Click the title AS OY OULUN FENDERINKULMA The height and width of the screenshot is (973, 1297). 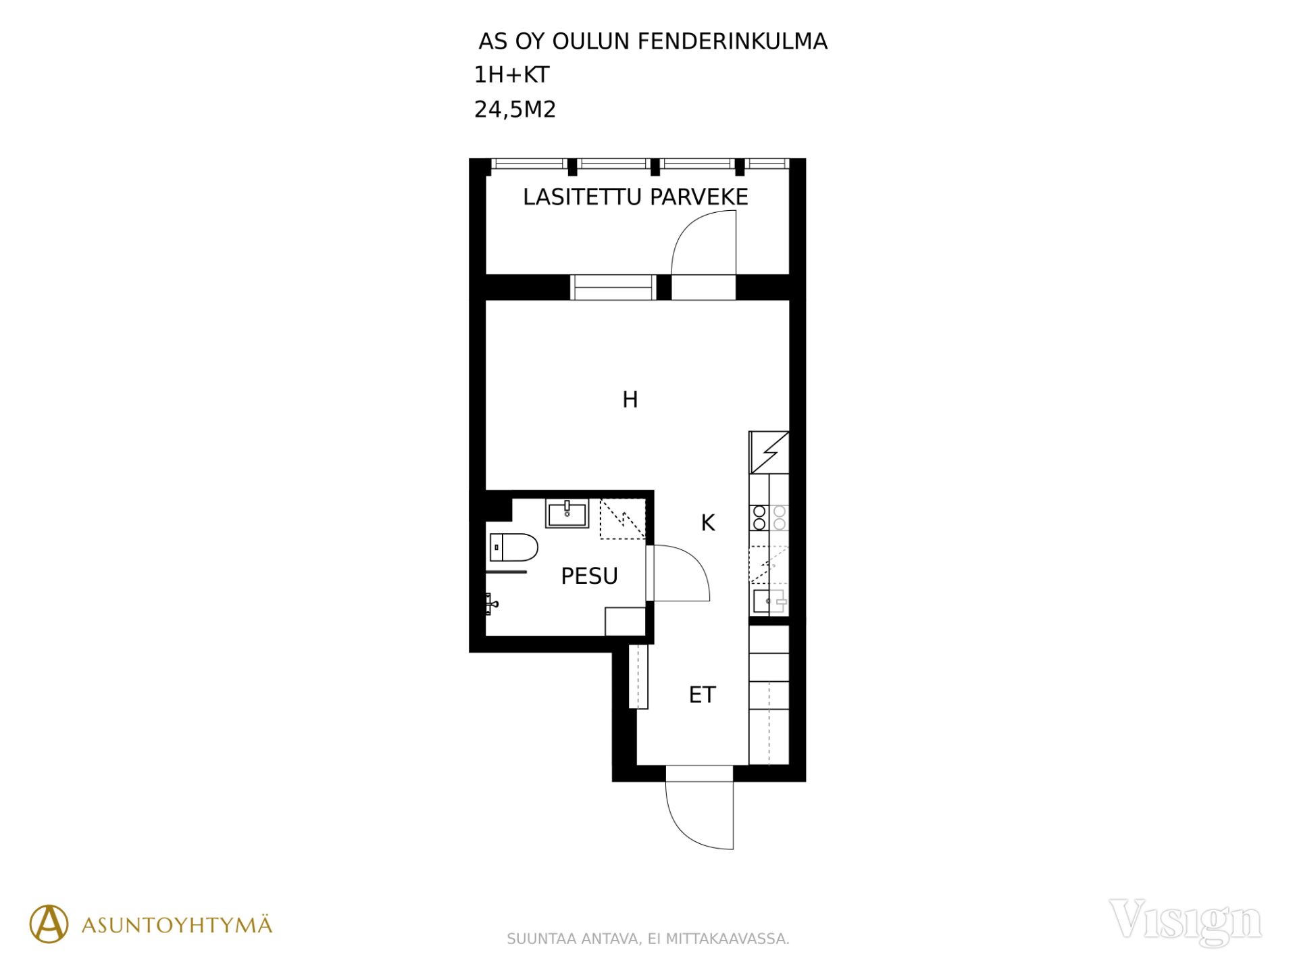(653, 42)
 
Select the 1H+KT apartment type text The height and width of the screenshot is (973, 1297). (511, 75)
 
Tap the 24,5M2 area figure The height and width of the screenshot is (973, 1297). (515, 109)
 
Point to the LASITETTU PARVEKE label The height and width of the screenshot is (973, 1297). (635, 197)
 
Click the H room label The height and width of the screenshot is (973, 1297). (630, 399)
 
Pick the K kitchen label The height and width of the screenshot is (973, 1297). (707, 522)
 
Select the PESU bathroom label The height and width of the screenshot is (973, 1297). (589, 576)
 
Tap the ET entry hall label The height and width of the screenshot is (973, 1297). (702, 695)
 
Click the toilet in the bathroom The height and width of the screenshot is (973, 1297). (513, 547)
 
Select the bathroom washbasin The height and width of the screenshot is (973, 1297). (567, 514)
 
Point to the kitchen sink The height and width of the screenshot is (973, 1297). (769, 601)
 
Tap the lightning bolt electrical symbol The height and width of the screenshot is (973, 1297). (769, 452)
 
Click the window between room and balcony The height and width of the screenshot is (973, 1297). (613, 287)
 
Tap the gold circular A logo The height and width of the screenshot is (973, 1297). (49, 924)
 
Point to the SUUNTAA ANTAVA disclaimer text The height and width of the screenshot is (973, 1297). (648, 939)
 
